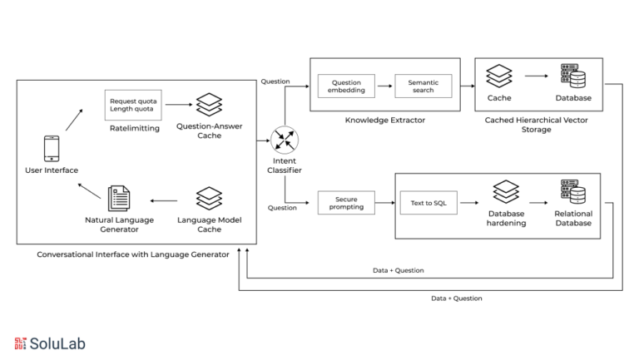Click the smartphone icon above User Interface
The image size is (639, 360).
pyautogui.click(x=52, y=149)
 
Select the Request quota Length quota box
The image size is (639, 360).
pyautogui.click(x=133, y=105)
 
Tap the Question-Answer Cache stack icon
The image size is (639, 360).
pyautogui.click(x=209, y=105)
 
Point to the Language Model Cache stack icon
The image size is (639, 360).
pyautogui.click(x=209, y=199)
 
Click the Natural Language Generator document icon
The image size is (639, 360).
pyautogui.click(x=119, y=199)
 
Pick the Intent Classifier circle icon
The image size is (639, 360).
pyautogui.click(x=285, y=140)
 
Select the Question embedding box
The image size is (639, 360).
pyautogui.click(x=346, y=86)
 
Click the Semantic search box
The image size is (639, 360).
pyautogui.click(x=424, y=86)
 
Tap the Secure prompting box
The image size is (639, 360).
pyautogui.click(x=346, y=203)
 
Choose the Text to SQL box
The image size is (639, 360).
pyautogui.click(x=428, y=203)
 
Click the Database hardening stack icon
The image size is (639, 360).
pyautogui.click(x=506, y=192)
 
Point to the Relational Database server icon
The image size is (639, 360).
pyautogui.click(x=573, y=191)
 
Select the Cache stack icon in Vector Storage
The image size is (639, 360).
pyautogui.click(x=499, y=76)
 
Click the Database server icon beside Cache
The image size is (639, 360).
pyautogui.click(x=573, y=76)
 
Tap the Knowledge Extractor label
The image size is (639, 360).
pyautogui.click(x=385, y=120)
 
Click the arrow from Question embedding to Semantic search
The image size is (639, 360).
pyautogui.click(x=384, y=86)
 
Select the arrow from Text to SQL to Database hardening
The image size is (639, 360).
pyautogui.click(x=469, y=203)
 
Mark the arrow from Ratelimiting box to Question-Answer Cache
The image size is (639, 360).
pyautogui.click(x=179, y=105)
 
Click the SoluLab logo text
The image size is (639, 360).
pyautogui.click(x=57, y=343)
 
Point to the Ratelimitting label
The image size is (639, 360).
pyautogui.click(x=135, y=128)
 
